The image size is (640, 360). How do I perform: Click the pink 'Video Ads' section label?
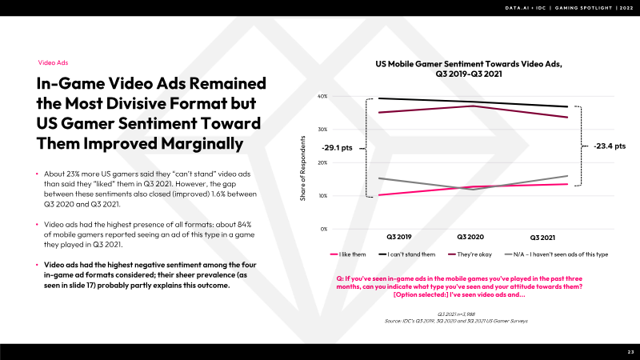click(x=54, y=62)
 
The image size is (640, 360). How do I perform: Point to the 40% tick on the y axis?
click(x=323, y=96)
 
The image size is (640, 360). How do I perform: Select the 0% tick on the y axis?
click(x=324, y=229)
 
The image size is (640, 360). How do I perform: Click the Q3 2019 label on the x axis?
click(x=399, y=238)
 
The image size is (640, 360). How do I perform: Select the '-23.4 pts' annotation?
click(x=610, y=146)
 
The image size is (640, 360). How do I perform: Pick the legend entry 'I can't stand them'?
click(x=412, y=254)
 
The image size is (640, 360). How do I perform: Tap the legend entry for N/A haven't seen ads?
click(x=564, y=254)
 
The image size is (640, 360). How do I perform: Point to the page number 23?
click(x=630, y=352)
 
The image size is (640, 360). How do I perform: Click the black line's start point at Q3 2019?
click(x=379, y=98)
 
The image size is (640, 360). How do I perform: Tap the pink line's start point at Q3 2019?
click(x=379, y=194)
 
